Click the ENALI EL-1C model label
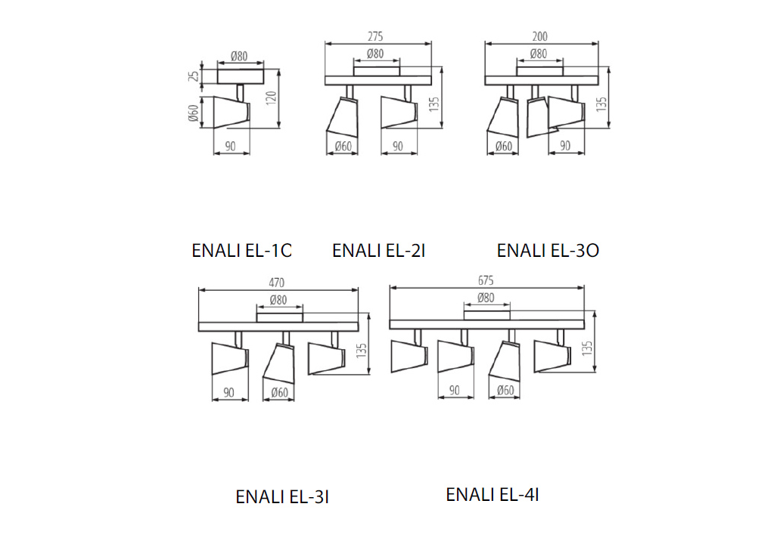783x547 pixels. pos(241,250)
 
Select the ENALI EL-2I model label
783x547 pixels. pos(378,250)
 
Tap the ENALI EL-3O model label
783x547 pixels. pos(548,250)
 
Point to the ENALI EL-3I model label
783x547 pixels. pos(282,497)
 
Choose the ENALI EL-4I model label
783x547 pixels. pos(492,495)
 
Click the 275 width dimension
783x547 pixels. pos(375,36)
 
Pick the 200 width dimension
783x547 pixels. pos(540,36)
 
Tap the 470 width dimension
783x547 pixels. pos(277,283)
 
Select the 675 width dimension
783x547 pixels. pos(486,280)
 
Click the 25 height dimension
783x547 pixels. pos(194,76)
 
